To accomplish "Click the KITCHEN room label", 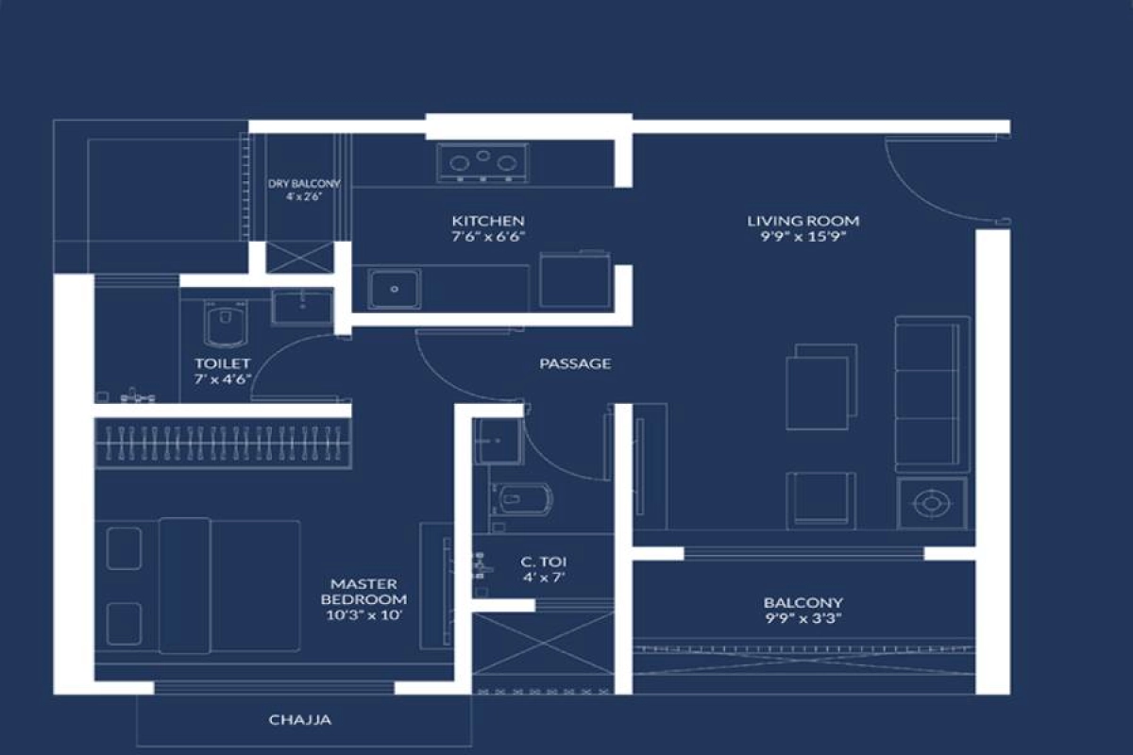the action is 488,221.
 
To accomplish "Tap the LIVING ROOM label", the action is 803,221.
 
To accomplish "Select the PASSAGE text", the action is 575,363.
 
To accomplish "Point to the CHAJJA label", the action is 300,719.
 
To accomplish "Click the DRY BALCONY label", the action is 304,184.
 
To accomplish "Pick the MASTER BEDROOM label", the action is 364,592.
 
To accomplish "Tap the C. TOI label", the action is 544,562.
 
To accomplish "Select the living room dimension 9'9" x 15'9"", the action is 803,237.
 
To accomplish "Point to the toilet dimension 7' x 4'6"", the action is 223,379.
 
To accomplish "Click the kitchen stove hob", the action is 483,163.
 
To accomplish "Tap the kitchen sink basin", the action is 395,289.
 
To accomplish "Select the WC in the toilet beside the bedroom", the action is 226,323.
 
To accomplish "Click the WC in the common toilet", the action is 521,500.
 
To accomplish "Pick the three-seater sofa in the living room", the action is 932,394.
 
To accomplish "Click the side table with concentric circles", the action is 932,504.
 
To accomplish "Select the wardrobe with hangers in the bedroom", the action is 223,444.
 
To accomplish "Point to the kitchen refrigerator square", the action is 575,279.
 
